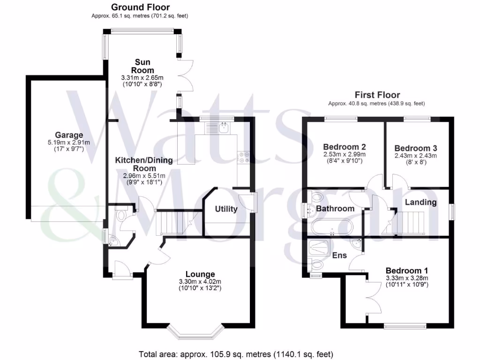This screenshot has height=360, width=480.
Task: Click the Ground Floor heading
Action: tap(140, 7)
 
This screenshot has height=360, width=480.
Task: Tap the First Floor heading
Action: tap(377, 95)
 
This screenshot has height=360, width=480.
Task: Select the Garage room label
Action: tap(69, 135)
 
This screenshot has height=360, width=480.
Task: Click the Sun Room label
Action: tap(142, 66)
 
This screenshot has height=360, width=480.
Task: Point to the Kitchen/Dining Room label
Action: tap(144, 164)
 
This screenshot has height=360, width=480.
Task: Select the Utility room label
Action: tap(226, 209)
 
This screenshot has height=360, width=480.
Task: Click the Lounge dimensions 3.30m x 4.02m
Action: tap(200, 282)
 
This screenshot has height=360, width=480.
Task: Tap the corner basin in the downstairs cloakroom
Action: tap(114, 241)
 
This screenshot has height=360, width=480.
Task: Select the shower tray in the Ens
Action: tap(319, 247)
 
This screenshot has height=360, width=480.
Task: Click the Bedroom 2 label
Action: tap(345, 147)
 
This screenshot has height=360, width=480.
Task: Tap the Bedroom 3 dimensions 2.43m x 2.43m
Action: tap(416, 156)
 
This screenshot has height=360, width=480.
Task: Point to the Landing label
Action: tap(420, 202)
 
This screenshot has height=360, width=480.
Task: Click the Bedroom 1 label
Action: tap(407, 270)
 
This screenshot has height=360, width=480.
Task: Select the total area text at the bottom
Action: tap(236, 354)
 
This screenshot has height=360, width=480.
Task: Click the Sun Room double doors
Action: tap(186, 75)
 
